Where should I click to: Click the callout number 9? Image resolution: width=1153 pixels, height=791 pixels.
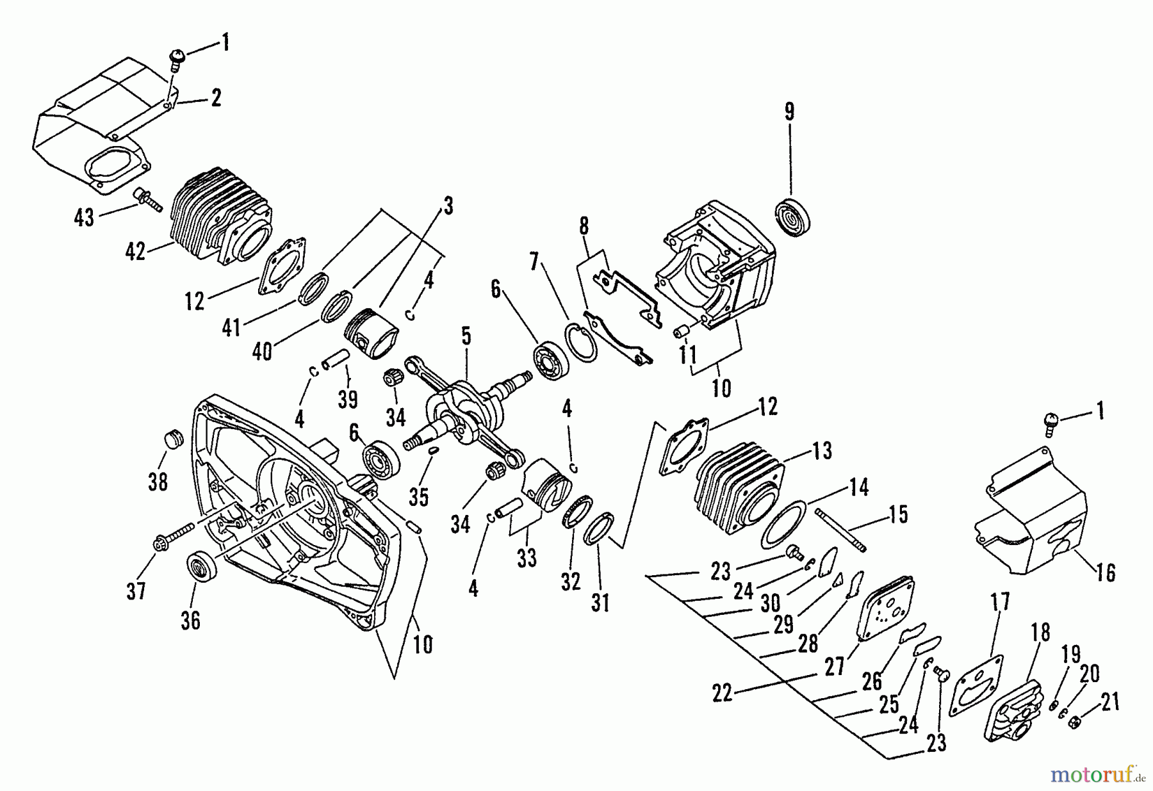pos(789,112)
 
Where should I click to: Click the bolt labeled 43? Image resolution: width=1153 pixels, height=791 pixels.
pos(147,200)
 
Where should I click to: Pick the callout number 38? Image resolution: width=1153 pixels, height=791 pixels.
pos(158,481)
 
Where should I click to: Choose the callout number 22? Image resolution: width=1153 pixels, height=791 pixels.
pos(722,694)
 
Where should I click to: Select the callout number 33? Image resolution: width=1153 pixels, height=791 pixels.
pos(527,559)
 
